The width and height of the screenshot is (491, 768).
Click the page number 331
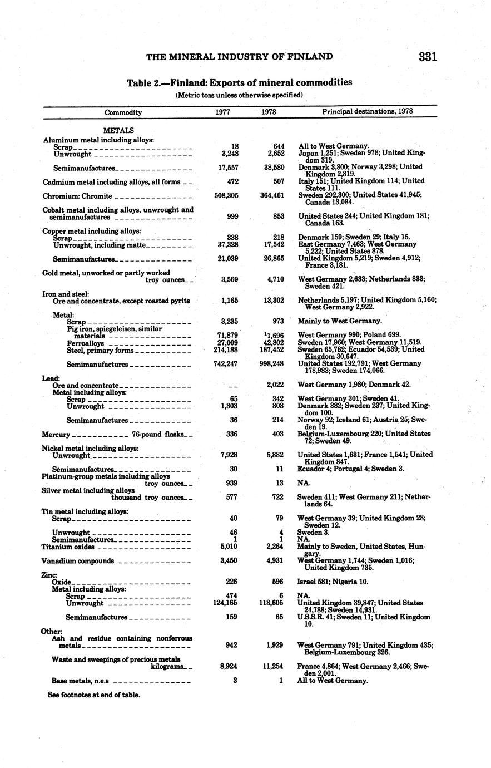(428, 57)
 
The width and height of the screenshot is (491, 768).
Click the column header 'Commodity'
(123, 112)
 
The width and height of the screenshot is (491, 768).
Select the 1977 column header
(223, 112)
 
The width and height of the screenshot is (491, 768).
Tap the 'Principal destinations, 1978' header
(367, 112)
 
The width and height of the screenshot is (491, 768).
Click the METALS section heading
(118, 130)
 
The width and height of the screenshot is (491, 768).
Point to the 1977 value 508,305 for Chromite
(226, 196)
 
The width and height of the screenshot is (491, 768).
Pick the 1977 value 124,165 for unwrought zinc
(226, 603)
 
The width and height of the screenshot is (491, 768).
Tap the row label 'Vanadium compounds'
(78, 561)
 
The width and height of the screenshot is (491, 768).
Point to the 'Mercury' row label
(56, 434)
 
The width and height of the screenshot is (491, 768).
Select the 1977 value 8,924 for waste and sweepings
(228, 666)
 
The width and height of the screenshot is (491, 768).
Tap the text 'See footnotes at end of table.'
(94, 695)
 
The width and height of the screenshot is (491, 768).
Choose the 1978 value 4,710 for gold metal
(274, 280)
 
